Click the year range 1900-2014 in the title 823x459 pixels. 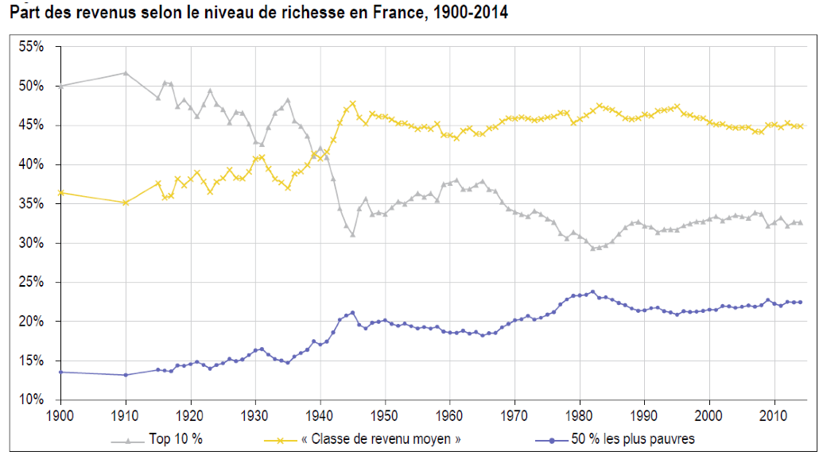(x=467, y=12)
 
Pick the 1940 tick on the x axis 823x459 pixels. (x=320, y=415)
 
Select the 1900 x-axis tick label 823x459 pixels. (x=61, y=415)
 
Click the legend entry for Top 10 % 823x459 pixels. (x=175, y=438)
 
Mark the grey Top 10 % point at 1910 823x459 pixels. (x=126, y=73)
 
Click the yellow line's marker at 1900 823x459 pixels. (x=61, y=192)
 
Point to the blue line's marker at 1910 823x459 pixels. (x=126, y=375)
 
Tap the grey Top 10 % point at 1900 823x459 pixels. (x=61, y=86)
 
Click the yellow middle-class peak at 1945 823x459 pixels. (x=353, y=103)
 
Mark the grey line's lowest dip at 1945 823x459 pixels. (x=352, y=234)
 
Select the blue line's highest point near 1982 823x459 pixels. (x=592, y=291)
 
